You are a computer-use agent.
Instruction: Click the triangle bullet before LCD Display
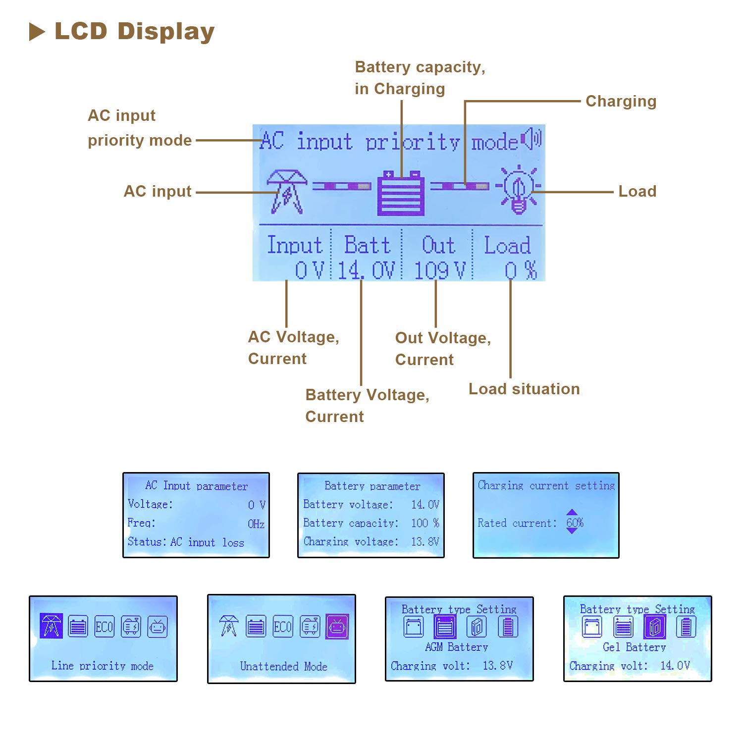[37, 32]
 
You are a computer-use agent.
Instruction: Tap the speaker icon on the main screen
[532, 139]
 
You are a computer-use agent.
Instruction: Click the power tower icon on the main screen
[286, 192]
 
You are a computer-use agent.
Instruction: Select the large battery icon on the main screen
[401, 193]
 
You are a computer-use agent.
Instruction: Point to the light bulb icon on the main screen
[518, 189]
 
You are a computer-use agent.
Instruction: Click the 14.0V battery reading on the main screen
[367, 270]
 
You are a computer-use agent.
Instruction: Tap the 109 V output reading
[440, 270]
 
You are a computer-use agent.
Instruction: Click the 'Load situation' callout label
[524, 389]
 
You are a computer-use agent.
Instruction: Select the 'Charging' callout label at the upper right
[621, 102]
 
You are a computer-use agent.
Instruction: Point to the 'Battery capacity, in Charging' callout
[420, 78]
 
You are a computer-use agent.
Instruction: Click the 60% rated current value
[575, 523]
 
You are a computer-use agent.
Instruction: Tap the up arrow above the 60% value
[572, 512]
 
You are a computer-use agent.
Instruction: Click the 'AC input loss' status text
[207, 542]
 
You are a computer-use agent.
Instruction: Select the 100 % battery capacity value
[425, 523]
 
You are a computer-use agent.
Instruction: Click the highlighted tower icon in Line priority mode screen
[51, 626]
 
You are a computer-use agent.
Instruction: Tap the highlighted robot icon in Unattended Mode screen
[337, 627]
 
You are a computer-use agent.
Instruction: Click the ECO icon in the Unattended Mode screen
[283, 627]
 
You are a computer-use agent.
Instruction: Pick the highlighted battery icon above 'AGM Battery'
[445, 627]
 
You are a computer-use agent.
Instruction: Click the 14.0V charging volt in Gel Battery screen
[675, 665]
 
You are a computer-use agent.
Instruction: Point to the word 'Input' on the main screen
[295, 245]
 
